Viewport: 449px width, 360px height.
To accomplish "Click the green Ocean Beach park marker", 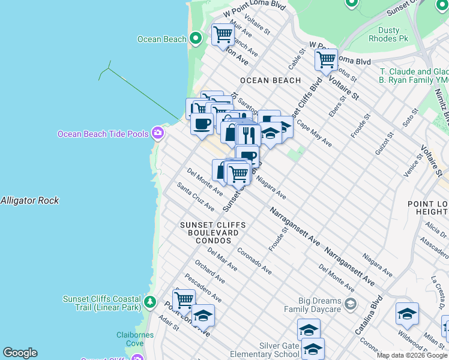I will [195, 39].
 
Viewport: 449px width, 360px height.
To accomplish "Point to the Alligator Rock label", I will [30, 200].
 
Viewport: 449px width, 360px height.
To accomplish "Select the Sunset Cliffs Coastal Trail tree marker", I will [150, 301].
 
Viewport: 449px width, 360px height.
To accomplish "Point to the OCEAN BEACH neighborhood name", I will [270, 80].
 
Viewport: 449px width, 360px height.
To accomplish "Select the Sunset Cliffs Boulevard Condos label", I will [213, 232].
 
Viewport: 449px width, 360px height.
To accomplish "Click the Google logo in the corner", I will [20, 353].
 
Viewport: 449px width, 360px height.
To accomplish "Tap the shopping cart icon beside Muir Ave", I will [223, 34].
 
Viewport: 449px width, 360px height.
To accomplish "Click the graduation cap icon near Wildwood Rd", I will [407, 314].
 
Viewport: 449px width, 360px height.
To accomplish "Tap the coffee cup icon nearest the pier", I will [202, 124].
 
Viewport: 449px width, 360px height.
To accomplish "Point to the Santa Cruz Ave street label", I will [196, 197].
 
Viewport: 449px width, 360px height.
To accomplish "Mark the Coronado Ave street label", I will [254, 261].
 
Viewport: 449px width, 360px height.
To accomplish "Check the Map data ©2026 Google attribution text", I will [412, 355].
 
